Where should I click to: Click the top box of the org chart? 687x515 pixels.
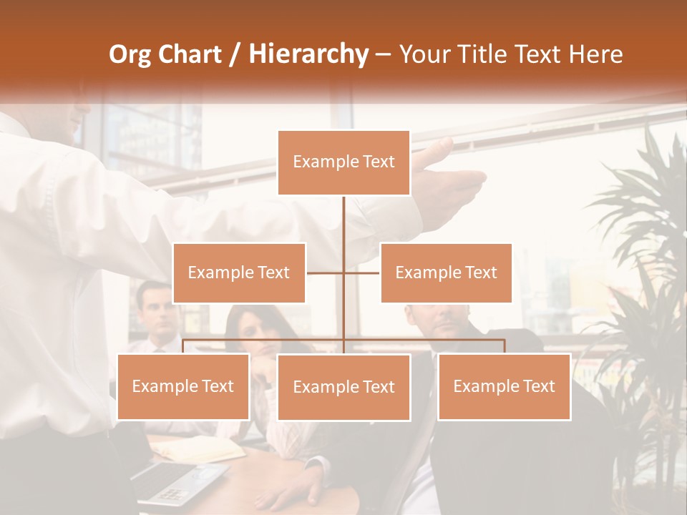point(343,162)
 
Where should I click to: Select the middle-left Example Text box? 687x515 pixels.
point(239,273)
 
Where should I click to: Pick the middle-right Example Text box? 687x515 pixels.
point(446,273)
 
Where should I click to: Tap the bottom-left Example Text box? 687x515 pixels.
point(183,386)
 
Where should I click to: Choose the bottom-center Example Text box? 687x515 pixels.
point(343,387)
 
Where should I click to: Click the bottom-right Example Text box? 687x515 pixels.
point(504,386)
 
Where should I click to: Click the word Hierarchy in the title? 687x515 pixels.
point(308,54)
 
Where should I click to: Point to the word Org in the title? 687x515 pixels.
point(130,54)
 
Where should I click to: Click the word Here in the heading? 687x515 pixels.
point(595,54)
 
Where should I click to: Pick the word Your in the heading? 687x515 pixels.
point(425,54)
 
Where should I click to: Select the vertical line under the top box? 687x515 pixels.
point(343,222)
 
